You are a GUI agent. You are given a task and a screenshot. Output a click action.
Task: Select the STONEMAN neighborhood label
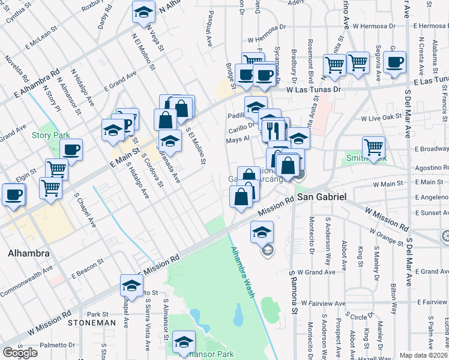coord(91,323)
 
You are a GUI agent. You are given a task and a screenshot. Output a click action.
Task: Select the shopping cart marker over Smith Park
coord(373,146)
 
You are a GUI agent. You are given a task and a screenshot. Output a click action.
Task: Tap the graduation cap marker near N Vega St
coord(143,13)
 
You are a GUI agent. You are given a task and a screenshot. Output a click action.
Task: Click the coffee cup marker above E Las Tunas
coord(395,62)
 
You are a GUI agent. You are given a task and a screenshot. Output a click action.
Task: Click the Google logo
coord(20,353)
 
